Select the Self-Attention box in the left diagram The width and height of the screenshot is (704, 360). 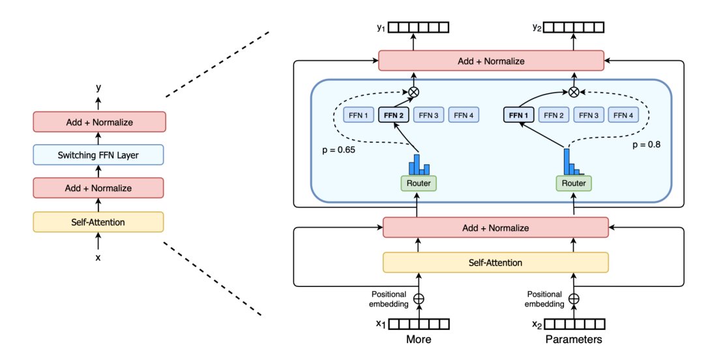coord(99,222)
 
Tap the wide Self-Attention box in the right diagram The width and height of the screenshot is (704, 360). coord(495,262)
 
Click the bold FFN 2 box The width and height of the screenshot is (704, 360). coord(394,115)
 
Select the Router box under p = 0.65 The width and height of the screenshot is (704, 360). coord(418,183)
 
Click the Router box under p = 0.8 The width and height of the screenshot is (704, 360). coord(574,183)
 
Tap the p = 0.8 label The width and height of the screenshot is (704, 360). coord(646,145)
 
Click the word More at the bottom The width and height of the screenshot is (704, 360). coord(418,340)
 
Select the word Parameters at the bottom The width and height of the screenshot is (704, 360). coord(574,340)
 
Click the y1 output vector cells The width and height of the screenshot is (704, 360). coord(420,27)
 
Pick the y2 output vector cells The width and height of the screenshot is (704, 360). coord(575,27)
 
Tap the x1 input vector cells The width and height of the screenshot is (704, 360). coord(420,324)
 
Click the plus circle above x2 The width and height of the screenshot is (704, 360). coord(574,299)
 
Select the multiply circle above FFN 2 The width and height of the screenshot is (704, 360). coord(413,92)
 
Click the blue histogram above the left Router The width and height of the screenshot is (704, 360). coord(418,165)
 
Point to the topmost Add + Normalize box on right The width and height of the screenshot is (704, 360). coord(492,61)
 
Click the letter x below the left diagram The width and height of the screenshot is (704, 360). coord(98,258)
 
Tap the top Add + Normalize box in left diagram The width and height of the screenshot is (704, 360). coord(99,121)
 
